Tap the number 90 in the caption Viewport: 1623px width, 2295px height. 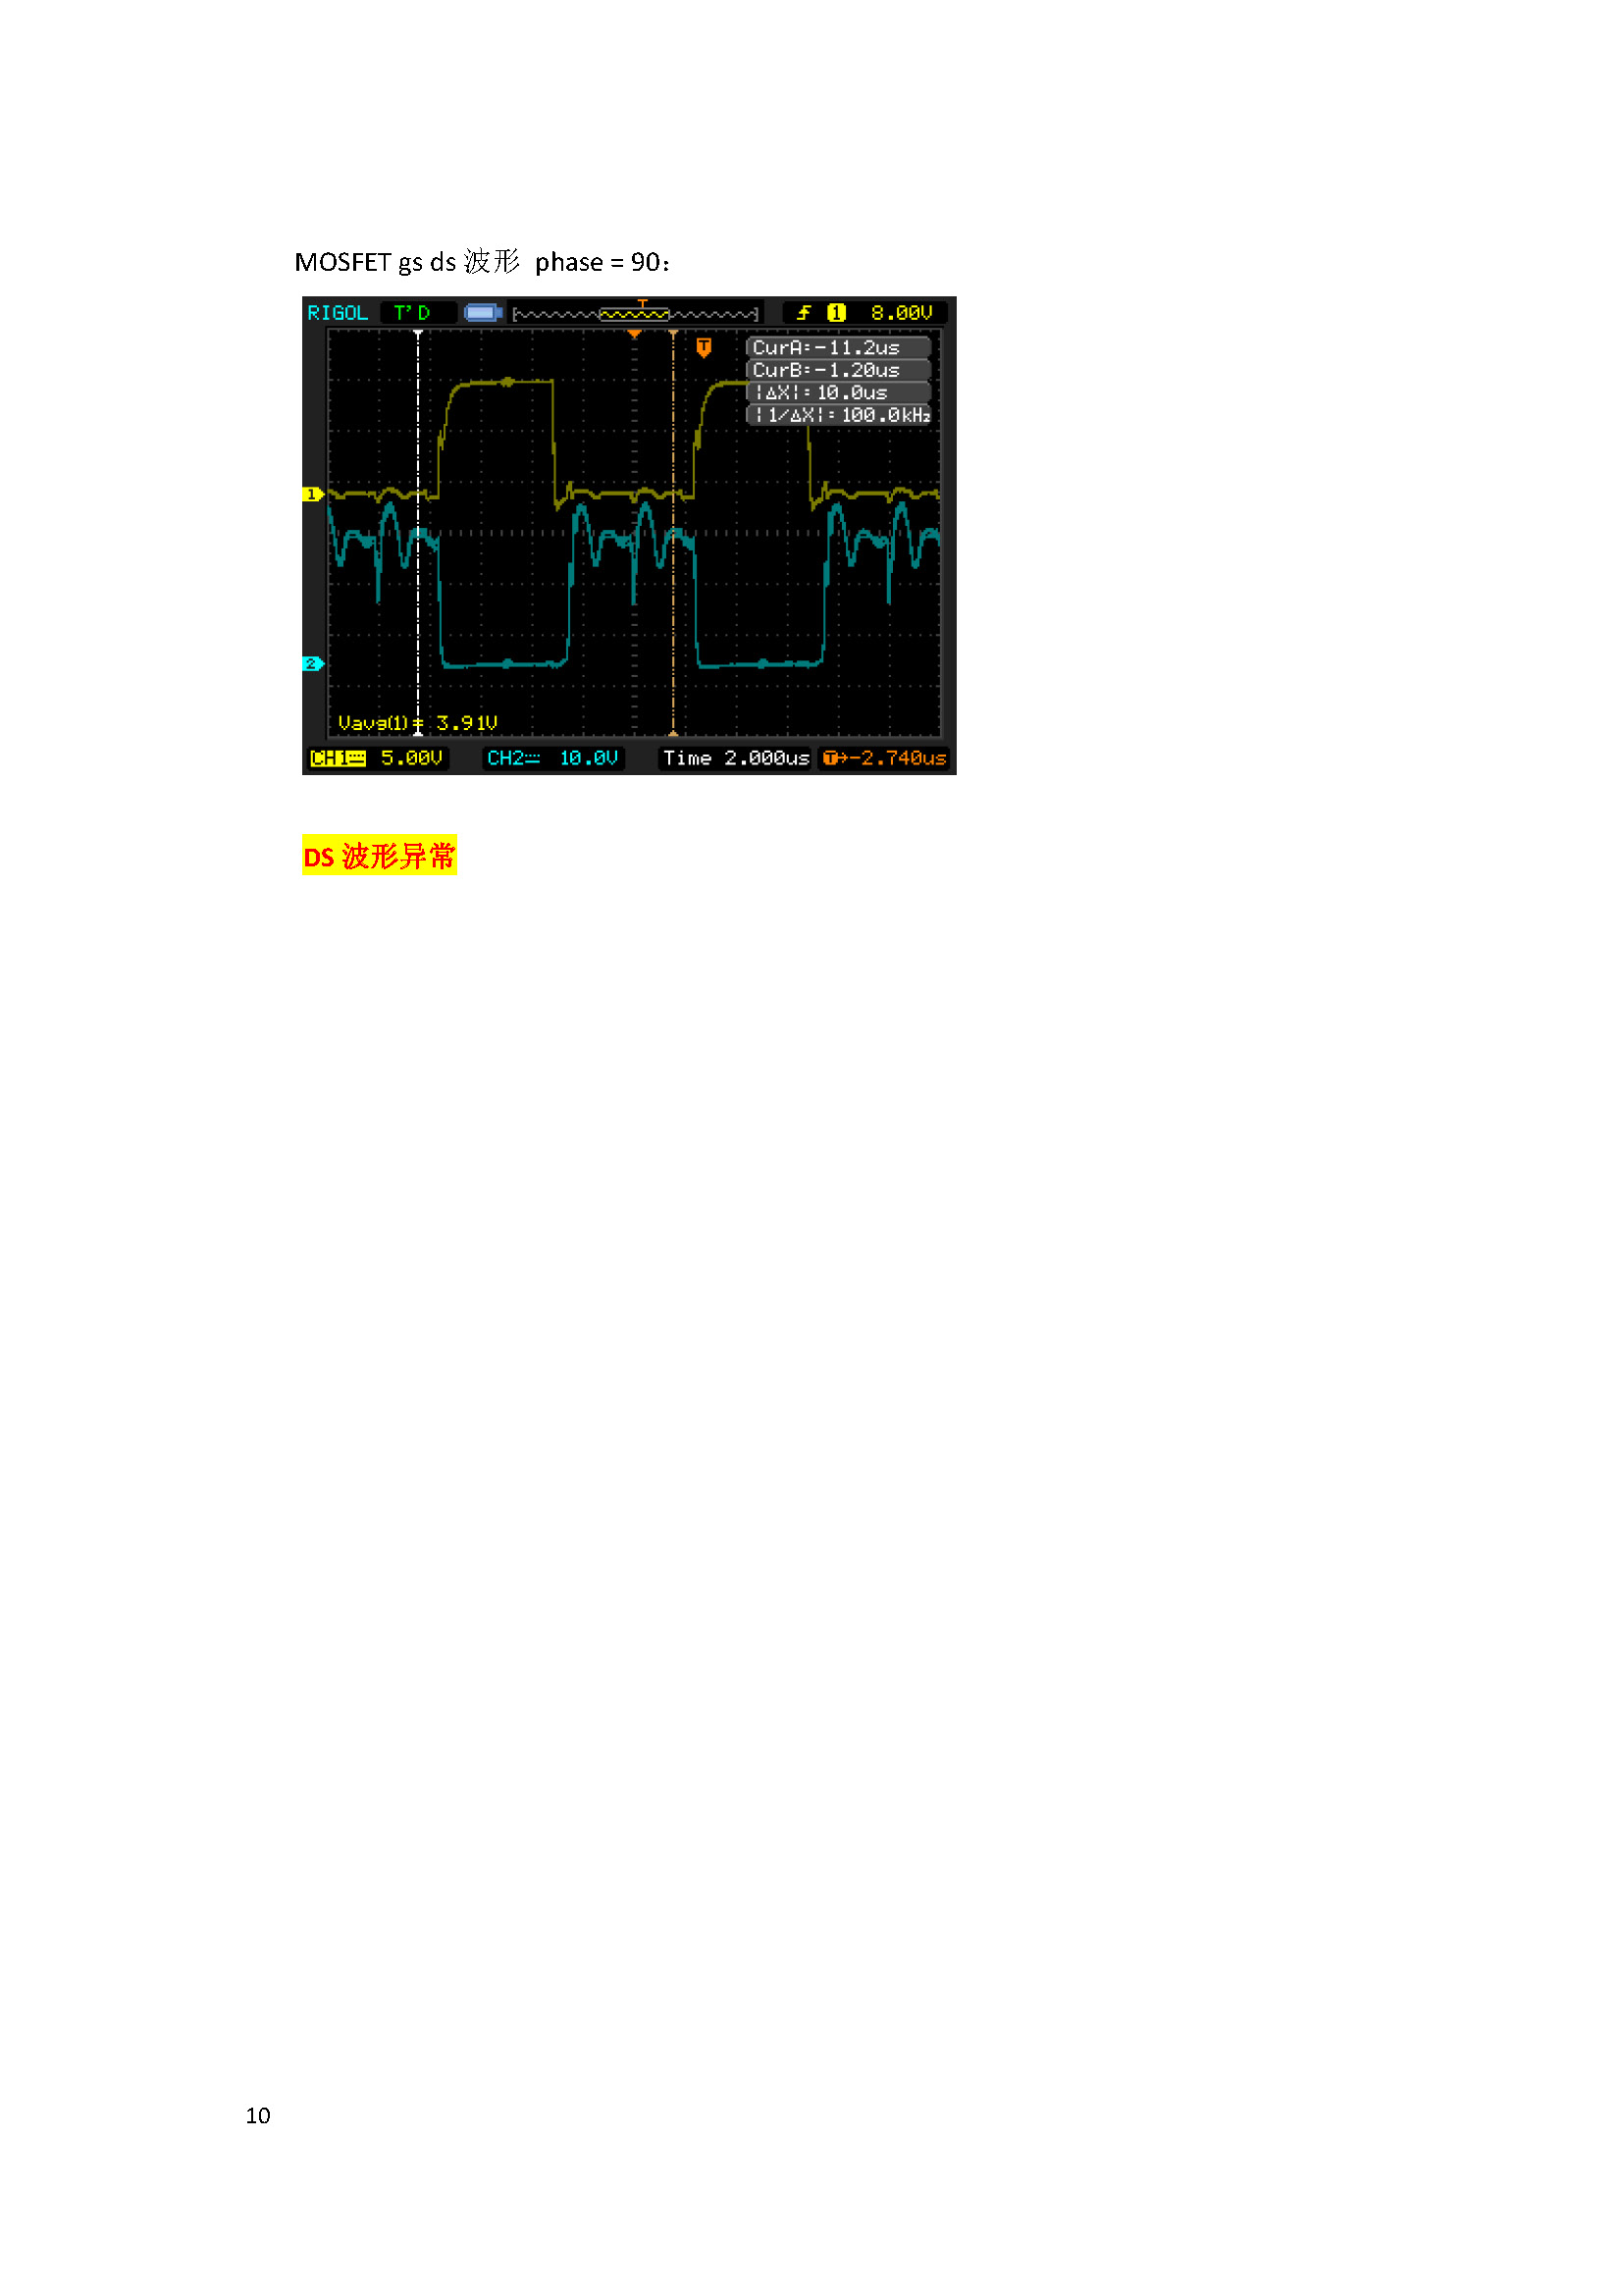click(x=645, y=263)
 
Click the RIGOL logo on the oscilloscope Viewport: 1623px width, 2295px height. click(x=337, y=313)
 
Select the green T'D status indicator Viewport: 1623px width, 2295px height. click(x=412, y=313)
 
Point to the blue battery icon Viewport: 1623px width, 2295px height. click(x=483, y=313)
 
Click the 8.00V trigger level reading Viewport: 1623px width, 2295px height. click(x=901, y=313)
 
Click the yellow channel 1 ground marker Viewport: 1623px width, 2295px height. click(x=312, y=495)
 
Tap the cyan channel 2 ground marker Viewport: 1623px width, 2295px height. click(x=312, y=663)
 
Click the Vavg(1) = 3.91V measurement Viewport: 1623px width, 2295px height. click(x=418, y=723)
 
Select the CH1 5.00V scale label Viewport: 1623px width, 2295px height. click(x=377, y=758)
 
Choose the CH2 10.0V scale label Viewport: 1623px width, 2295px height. click(x=552, y=758)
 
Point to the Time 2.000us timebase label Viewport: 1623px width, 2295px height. click(x=736, y=758)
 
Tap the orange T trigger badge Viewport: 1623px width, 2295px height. click(x=704, y=346)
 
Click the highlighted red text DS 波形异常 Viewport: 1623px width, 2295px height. click(x=379, y=857)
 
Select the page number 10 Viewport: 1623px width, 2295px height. click(x=258, y=2115)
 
